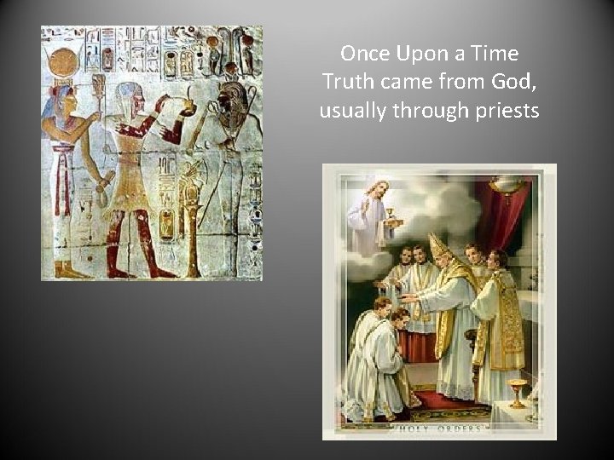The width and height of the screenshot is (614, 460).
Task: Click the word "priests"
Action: click(508, 111)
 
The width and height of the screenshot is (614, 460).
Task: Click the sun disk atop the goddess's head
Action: click(63, 61)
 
